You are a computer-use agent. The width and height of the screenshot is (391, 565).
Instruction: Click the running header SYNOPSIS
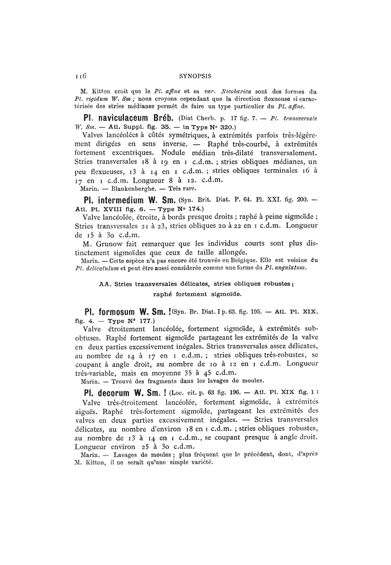pyautogui.click(x=195, y=73)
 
